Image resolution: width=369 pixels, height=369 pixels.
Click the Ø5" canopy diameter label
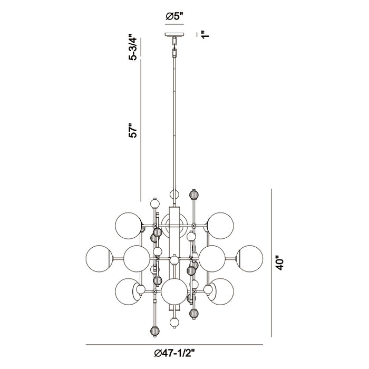[174, 16]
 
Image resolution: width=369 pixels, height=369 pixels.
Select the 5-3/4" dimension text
[133, 47]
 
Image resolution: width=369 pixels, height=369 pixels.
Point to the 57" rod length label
[133, 130]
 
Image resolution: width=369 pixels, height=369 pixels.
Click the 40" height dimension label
[280, 263]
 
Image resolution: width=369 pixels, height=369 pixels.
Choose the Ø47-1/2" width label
[174, 353]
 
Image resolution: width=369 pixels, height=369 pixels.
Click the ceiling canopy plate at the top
[174, 35]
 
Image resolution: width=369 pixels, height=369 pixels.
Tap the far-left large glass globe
[100, 259]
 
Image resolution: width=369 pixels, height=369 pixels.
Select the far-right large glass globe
[249, 259]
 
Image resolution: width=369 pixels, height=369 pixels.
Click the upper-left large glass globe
[129, 226]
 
